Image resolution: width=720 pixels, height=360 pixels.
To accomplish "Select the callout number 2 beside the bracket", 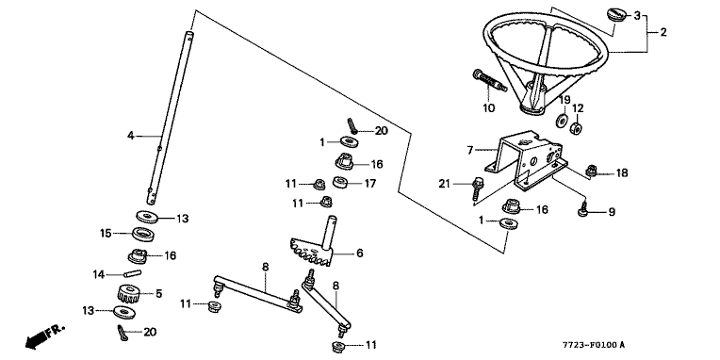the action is coord(663,32).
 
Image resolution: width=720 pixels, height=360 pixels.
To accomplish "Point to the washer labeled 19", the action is coord(561,122).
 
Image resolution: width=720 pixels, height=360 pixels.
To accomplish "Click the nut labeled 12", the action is coord(576,127).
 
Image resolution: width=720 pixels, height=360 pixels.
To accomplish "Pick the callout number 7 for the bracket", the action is coord(469,150).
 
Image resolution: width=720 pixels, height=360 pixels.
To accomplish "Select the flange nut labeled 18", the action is coord(592,172).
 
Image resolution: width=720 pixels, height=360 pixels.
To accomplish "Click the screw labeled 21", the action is coord(478,188).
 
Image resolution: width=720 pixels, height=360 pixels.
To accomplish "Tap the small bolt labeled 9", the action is coord(584,209).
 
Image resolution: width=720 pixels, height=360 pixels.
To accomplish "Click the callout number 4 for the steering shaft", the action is coord(131,136).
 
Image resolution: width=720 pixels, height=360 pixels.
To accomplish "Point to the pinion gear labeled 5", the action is coord(126,293).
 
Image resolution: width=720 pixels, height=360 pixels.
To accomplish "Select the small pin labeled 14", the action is coord(132,273).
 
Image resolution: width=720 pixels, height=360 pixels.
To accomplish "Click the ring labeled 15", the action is coord(144,234).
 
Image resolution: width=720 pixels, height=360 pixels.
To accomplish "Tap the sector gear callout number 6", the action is coord(360,253).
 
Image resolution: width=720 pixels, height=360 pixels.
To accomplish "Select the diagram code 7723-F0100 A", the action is coord(594,345).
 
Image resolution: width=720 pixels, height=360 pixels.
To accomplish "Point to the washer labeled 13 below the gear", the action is coord(124,312).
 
